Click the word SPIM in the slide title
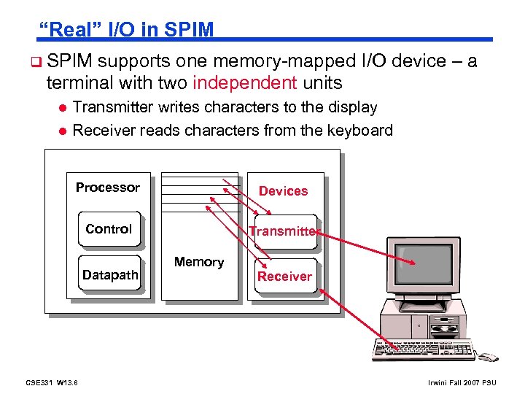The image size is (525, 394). (x=189, y=30)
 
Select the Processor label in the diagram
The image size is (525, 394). (x=107, y=188)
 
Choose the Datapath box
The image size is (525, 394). (x=110, y=275)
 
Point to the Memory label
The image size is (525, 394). (x=198, y=262)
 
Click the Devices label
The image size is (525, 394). (x=283, y=191)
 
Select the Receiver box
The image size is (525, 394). (x=284, y=276)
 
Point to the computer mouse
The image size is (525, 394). (x=487, y=357)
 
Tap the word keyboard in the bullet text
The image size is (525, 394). (x=353, y=131)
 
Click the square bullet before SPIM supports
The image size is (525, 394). (x=36, y=61)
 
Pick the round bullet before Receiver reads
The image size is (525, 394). (x=63, y=131)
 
